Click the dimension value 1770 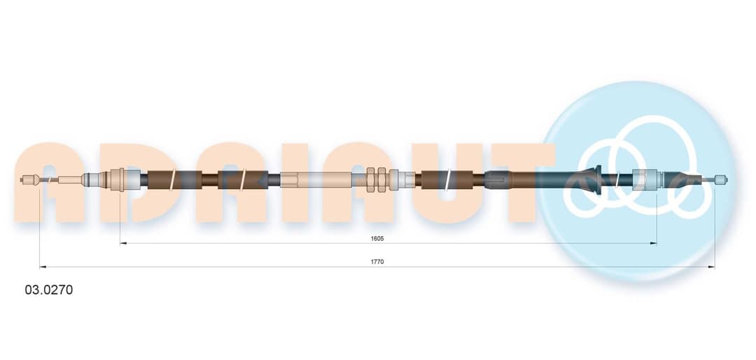pyautogui.click(x=377, y=261)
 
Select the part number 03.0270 pyautogui.click(x=49, y=290)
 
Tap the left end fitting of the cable pyautogui.click(x=29, y=180)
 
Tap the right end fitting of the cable pyautogui.click(x=721, y=180)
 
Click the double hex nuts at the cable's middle pyautogui.click(x=376, y=180)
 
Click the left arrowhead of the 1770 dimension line pyautogui.click(x=43, y=267)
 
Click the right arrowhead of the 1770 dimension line pyautogui.click(x=711, y=267)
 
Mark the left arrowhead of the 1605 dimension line pyautogui.click(x=123, y=244)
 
